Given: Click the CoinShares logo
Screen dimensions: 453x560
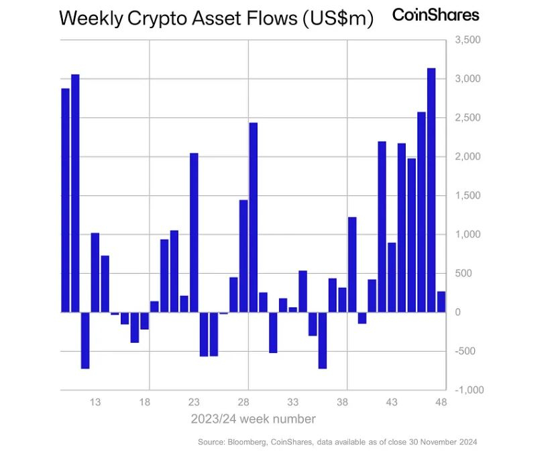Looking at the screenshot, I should point(436,15).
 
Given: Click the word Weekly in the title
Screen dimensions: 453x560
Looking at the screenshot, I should point(91,19).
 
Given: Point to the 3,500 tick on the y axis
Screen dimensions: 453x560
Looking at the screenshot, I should point(468,40).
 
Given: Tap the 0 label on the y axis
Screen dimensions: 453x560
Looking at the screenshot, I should point(458,312).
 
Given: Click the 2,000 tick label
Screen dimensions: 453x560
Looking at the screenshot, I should point(468,157).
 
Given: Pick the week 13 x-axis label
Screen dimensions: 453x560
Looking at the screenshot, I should point(95,403).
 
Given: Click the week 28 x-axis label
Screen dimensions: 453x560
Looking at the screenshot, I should point(243,403).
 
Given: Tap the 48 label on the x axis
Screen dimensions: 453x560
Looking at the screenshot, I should point(441,403).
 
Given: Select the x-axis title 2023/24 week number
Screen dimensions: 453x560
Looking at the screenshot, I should point(253,419).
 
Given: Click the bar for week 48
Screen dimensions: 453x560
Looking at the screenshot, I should point(441,302).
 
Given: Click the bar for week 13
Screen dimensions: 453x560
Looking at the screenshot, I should point(95,272).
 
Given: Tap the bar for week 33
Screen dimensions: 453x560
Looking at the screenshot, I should point(292,309).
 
